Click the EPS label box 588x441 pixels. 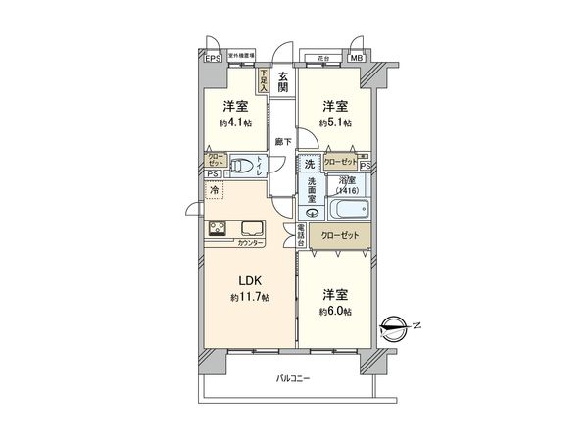213,59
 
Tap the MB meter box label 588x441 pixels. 356,59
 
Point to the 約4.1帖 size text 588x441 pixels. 233,123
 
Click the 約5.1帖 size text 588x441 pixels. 335,123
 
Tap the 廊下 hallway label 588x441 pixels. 282,140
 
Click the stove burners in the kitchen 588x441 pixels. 218,230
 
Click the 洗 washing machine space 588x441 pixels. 310,164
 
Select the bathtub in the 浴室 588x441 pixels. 347,208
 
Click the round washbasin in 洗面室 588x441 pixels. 309,211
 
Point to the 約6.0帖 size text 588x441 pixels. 335,311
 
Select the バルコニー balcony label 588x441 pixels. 292,378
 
